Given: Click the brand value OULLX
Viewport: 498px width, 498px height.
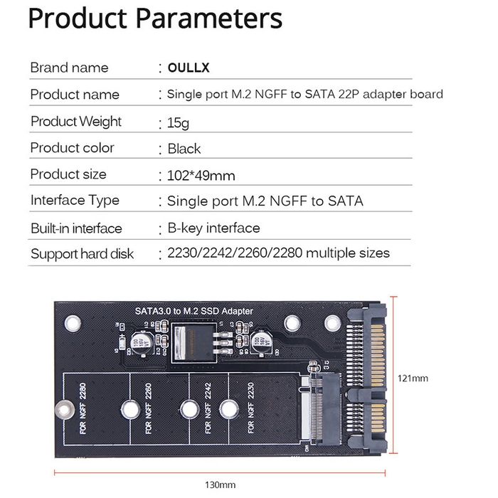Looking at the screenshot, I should coord(189,68).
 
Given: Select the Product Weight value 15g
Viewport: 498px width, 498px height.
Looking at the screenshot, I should coord(178,123).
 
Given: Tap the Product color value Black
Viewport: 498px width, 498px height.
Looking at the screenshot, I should coord(184,149).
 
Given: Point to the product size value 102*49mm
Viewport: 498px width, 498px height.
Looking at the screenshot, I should coord(201,175).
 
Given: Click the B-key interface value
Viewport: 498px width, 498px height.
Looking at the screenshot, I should coord(213,228).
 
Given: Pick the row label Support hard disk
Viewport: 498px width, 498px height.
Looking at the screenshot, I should coord(82,254).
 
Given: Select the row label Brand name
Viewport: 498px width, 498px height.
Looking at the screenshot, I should coord(69,68).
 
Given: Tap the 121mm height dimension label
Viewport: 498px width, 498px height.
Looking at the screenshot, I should coord(413,378).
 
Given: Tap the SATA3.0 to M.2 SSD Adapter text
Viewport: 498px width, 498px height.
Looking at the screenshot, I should coord(194,312).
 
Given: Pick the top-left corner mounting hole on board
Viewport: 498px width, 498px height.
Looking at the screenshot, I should coord(70,324).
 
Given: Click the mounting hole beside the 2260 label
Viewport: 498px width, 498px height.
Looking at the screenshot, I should coord(129,409).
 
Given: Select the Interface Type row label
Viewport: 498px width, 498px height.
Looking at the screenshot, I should coord(75,201).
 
